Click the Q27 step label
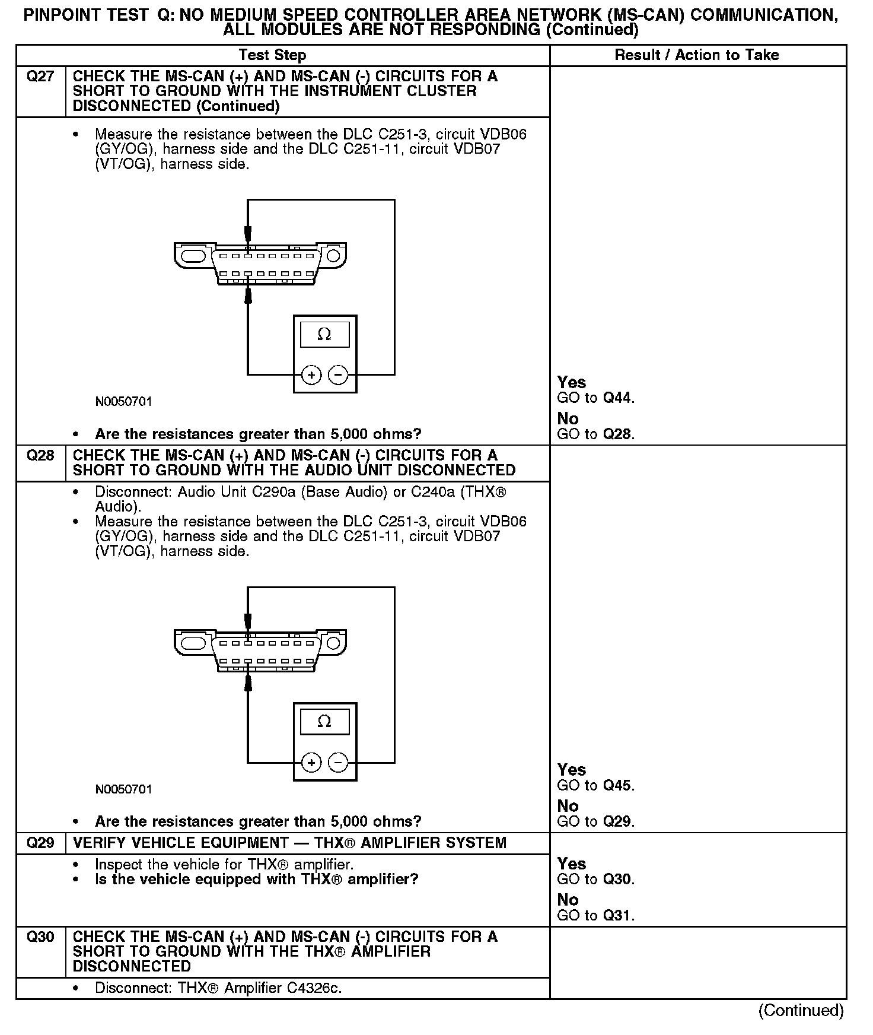click(x=40, y=77)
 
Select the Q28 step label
click(x=40, y=456)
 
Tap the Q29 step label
click(x=40, y=843)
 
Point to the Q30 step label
click(x=40, y=937)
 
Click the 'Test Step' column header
click(x=272, y=55)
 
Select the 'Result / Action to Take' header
click(x=696, y=55)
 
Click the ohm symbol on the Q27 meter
click(x=324, y=335)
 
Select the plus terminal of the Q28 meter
click(x=311, y=763)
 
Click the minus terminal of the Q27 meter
click(x=338, y=375)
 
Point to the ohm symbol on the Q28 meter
click(x=324, y=722)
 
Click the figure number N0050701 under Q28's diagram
click(x=123, y=789)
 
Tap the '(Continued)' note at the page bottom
click(x=801, y=1011)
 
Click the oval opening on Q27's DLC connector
click(x=193, y=256)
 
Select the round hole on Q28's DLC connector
click(x=333, y=643)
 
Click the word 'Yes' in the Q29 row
click(x=571, y=864)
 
